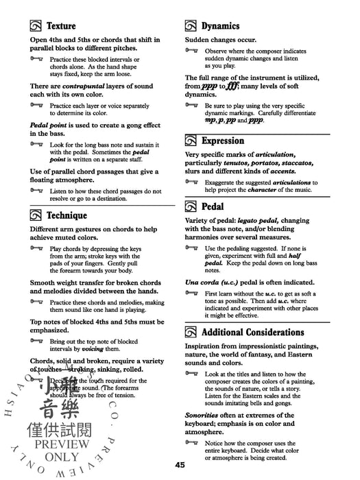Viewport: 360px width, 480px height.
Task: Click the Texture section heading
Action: (x=61, y=27)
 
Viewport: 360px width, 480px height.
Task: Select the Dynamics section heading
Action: (x=220, y=27)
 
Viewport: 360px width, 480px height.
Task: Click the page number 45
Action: (x=180, y=466)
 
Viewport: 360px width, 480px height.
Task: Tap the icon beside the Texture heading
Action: (x=37, y=27)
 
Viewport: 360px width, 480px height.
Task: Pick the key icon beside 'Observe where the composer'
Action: (x=191, y=51)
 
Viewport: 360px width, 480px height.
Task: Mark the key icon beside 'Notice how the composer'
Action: (x=191, y=442)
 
